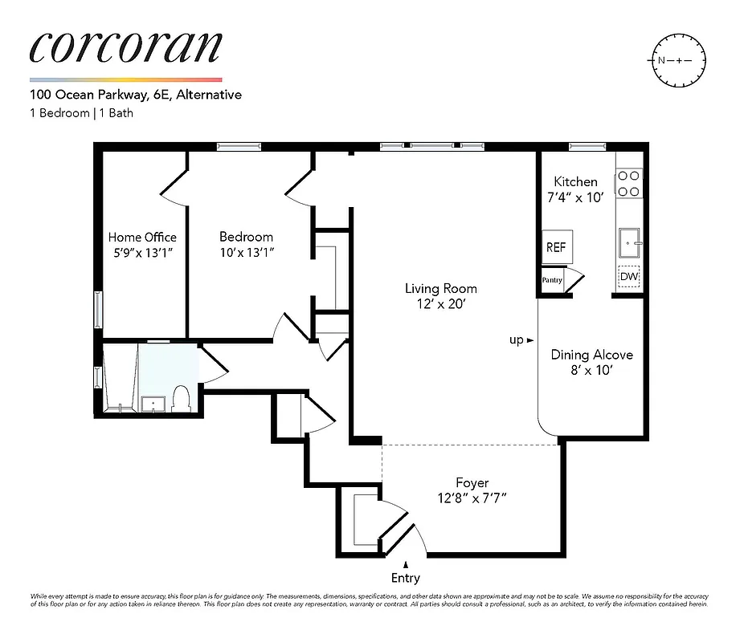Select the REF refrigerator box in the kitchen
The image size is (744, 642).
point(555,248)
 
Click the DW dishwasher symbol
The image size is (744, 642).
point(629,277)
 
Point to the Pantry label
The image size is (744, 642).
point(551,280)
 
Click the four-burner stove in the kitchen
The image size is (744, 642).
point(629,183)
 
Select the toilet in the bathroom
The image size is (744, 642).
point(181,397)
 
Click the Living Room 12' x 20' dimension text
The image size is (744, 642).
point(440,304)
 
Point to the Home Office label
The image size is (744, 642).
point(142,238)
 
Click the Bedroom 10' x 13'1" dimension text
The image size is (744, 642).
point(246,253)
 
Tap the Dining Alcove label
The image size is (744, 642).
point(591,355)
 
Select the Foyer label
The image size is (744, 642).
point(472,483)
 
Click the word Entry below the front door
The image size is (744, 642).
point(405,578)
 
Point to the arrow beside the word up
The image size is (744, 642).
point(530,340)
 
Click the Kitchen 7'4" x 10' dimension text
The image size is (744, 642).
point(575,197)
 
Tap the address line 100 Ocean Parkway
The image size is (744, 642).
point(135,95)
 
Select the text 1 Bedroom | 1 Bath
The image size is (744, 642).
point(81,112)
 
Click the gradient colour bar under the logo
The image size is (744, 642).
point(125,79)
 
